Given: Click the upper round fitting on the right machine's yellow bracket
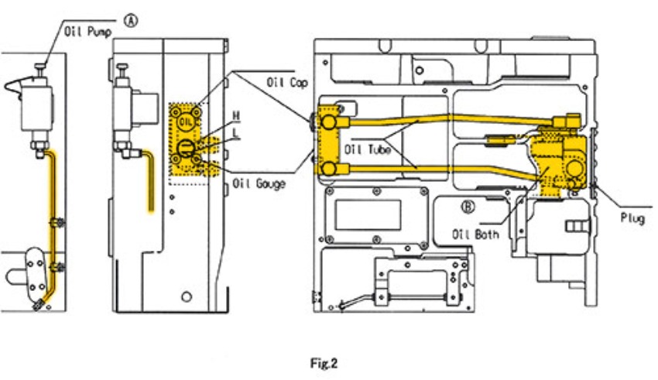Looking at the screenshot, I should [x=329, y=122].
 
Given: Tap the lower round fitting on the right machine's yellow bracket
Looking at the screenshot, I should [x=329, y=169].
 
